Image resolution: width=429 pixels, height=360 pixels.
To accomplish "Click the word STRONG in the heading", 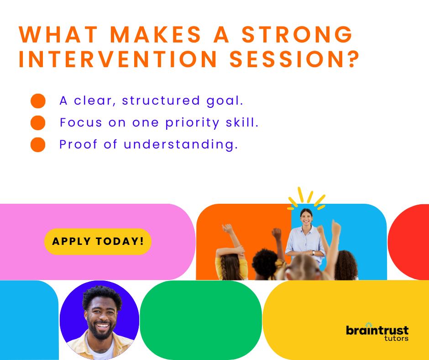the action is coord(297,35).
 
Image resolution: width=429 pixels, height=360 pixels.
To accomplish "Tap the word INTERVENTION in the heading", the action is coord(118,59).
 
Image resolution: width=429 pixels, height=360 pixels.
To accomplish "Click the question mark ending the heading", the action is coord(354,59).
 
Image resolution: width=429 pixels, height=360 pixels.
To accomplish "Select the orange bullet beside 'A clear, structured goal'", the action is coord(38,101).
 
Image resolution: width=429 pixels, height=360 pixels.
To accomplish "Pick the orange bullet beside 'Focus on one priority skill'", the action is coord(38,123).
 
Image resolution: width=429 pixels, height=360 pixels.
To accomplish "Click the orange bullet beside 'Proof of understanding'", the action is coord(38,145).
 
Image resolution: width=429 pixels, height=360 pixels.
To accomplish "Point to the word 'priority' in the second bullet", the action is coord(192,123).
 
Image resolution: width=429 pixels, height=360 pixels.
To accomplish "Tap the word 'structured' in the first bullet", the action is coord(161,101).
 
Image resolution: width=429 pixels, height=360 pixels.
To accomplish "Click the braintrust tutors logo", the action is coord(377,332).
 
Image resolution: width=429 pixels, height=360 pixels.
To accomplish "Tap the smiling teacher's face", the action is coord(306,217).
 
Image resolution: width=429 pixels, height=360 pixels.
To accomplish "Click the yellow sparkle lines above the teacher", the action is coord(306,199).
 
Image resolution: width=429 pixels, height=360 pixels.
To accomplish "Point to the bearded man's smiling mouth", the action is coord(102,326).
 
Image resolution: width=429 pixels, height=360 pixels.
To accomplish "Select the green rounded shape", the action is coord(201,320).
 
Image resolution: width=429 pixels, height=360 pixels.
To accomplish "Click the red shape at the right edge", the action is coord(408,242).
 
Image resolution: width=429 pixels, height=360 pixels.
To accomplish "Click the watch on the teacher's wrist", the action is coord(314,252).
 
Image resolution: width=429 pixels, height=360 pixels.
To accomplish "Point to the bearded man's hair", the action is coord(102,296).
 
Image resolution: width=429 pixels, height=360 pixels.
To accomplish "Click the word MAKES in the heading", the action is coord(156,35).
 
